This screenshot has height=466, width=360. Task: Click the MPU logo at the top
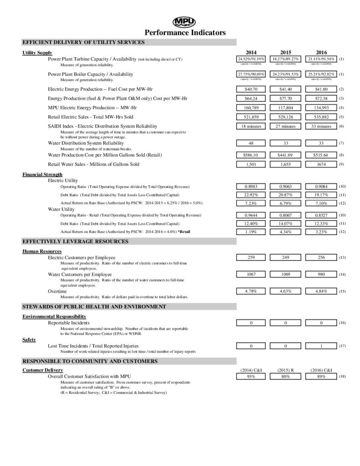pyautogui.click(x=184, y=22)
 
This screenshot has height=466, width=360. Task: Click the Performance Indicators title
pyautogui.click(x=185, y=32)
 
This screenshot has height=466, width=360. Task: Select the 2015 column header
pyautogui.click(x=285, y=52)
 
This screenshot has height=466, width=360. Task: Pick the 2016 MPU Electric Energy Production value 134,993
pyautogui.click(x=321, y=107)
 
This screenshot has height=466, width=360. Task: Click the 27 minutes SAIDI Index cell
pyautogui.click(x=285, y=126)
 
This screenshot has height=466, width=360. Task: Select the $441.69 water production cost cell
pyautogui.click(x=285, y=155)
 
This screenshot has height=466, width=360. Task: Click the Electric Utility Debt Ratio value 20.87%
pyautogui.click(x=285, y=195)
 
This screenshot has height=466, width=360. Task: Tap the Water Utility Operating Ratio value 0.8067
pyautogui.click(x=285, y=215)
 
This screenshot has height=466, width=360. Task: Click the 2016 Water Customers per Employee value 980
pyautogui.click(x=321, y=274)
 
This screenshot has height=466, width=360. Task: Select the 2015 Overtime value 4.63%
pyautogui.click(x=285, y=291)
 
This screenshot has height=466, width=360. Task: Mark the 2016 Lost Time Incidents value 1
pyautogui.click(x=321, y=346)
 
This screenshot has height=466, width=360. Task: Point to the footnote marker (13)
pyautogui.click(x=343, y=258)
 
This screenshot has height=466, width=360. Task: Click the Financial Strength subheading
pyautogui.click(x=42, y=174)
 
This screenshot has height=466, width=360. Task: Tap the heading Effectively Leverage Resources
pyautogui.click(x=75, y=241)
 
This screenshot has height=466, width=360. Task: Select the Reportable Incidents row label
pyautogui.click(x=72, y=323)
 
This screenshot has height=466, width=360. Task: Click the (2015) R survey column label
pyautogui.click(x=285, y=370)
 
